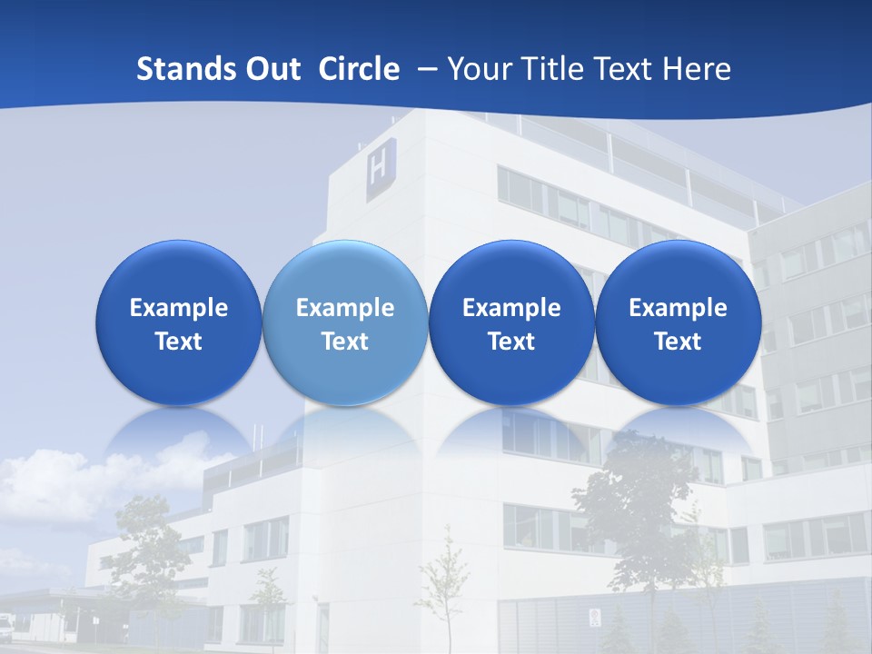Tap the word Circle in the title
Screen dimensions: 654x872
pyautogui.click(x=359, y=69)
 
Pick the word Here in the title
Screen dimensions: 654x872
pyautogui.click(x=696, y=69)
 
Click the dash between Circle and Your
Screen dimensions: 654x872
pyautogui.click(x=423, y=69)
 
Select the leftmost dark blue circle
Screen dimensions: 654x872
pyautogui.click(x=178, y=322)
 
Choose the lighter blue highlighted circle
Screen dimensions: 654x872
pyautogui.click(x=345, y=322)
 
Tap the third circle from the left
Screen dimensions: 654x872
pyautogui.click(x=511, y=322)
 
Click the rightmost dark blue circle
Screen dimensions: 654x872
pyautogui.click(x=678, y=322)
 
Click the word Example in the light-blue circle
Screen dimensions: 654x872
pyautogui.click(x=345, y=308)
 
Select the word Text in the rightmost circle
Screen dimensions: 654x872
pyautogui.click(x=678, y=342)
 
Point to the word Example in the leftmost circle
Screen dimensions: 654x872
pyautogui.click(x=178, y=308)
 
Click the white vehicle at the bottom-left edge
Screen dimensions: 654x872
pyautogui.click(x=6, y=625)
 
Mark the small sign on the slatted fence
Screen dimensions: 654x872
pyautogui.click(x=595, y=617)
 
